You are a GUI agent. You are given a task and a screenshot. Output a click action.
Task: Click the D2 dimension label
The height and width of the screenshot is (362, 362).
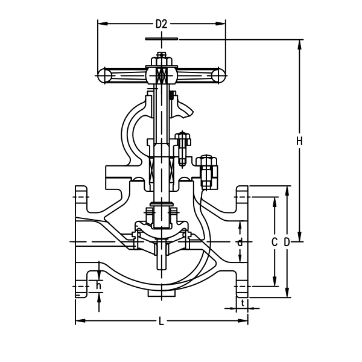[x=161, y=24]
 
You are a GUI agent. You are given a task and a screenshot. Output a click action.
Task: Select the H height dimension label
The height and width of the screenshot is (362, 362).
[x=299, y=141]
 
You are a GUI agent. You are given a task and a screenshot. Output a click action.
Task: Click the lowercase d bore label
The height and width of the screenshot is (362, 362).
[x=240, y=242]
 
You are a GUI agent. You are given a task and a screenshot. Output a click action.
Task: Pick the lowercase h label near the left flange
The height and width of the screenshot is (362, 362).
[x=98, y=285]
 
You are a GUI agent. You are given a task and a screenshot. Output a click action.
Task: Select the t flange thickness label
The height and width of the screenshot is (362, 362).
[x=243, y=302]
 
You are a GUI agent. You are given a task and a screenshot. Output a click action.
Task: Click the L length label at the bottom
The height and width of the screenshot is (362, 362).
[x=161, y=321]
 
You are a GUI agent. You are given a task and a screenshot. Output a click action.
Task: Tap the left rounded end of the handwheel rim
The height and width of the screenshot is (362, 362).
[x=103, y=75]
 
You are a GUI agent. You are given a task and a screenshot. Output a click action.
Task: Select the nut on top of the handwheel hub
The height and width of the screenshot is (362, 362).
[x=161, y=59]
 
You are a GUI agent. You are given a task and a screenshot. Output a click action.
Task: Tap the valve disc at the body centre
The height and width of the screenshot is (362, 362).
[x=161, y=232]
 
